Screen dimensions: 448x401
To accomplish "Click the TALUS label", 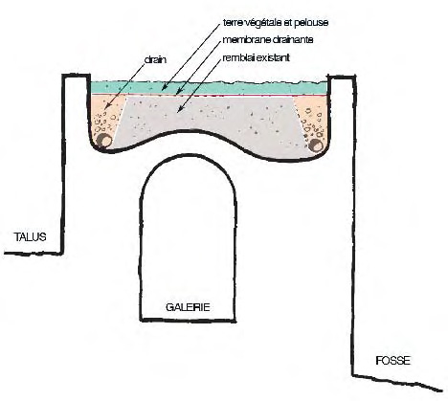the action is pyautogui.click(x=30, y=237).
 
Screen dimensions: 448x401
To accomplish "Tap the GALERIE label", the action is pyautogui.click(x=188, y=307).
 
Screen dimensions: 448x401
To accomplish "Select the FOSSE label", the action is pyautogui.click(x=392, y=361).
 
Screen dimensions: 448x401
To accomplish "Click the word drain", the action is pyautogui.click(x=155, y=59).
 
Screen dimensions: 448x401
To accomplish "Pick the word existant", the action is pyautogui.click(x=273, y=58).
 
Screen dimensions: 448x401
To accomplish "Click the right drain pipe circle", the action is pyautogui.click(x=316, y=145).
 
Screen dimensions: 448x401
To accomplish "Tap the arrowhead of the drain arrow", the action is pyautogui.click(x=106, y=107).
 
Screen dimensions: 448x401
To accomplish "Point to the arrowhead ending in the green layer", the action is pyautogui.click(x=164, y=88).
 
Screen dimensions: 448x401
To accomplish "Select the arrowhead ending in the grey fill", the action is pyautogui.click(x=180, y=109).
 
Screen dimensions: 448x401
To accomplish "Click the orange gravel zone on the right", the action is pyautogui.click(x=314, y=118).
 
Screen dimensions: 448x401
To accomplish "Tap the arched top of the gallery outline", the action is pyautogui.click(x=189, y=155).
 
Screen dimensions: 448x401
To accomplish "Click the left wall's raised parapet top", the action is pyautogui.click(x=76, y=76).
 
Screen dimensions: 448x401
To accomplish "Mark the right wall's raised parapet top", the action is pyautogui.click(x=342, y=77).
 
